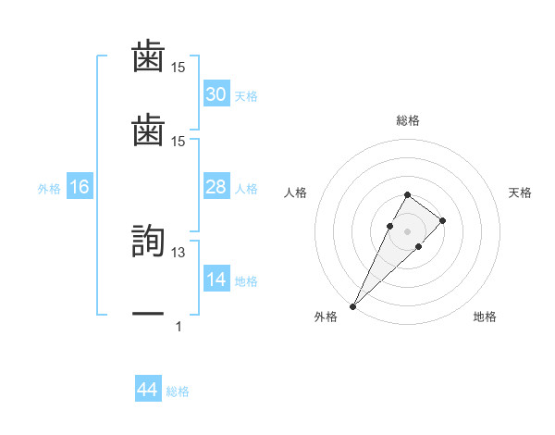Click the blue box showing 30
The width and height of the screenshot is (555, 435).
(216, 94)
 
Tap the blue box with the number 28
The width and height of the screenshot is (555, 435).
(216, 187)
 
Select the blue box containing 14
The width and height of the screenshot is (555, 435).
(216, 280)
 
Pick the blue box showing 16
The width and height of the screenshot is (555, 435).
(80, 187)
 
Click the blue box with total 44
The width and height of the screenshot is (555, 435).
(148, 391)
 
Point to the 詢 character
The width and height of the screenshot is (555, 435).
(148, 242)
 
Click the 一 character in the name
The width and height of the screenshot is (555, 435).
(148, 315)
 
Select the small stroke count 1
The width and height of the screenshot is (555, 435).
(179, 327)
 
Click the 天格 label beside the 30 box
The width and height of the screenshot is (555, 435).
(246, 96)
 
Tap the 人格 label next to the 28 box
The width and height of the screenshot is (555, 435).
(246, 189)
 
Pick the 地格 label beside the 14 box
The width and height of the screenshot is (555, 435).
(246, 281)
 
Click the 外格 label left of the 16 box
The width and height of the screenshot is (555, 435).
(49, 189)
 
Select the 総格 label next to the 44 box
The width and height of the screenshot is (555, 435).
(178, 392)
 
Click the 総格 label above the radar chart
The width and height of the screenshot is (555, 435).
(408, 120)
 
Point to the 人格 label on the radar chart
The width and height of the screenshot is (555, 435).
(296, 193)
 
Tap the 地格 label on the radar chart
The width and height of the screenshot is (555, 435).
(485, 317)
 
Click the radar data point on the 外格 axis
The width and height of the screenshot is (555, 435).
(353, 305)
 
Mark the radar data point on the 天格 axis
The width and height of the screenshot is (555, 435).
(443, 220)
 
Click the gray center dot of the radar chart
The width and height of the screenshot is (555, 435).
(407, 230)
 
